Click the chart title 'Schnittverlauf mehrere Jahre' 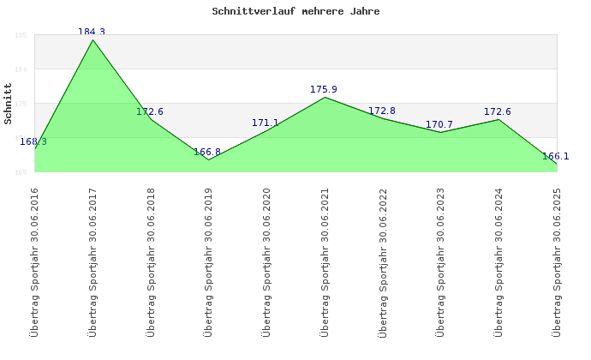(x=295, y=12)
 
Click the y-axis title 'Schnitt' (x=8, y=104)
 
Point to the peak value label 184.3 (x=92, y=32)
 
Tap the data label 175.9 (x=324, y=89)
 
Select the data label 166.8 (x=207, y=152)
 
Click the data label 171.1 (x=266, y=123)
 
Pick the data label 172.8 (x=382, y=111)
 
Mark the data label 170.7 (x=439, y=125)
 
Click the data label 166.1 (x=556, y=156)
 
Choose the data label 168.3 (x=33, y=141)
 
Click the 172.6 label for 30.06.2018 (x=150, y=111)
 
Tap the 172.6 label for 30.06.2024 (x=498, y=111)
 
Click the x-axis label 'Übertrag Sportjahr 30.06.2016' (x=34, y=261)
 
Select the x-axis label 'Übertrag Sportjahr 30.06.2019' (x=208, y=261)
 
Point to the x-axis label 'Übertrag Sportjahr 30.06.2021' (x=325, y=261)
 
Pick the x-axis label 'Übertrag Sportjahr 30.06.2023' (x=440, y=261)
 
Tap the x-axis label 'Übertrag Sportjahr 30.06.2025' (x=557, y=261)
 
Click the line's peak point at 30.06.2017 (x=93, y=39)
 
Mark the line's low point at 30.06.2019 (x=208, y=159)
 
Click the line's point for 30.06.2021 (x=325, y=97)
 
